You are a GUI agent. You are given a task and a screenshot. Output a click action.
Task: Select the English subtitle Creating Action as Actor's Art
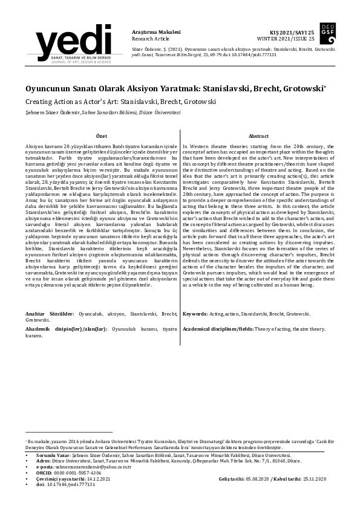coord(121,102)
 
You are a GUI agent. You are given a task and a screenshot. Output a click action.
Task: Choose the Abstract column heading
coord(258,137)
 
